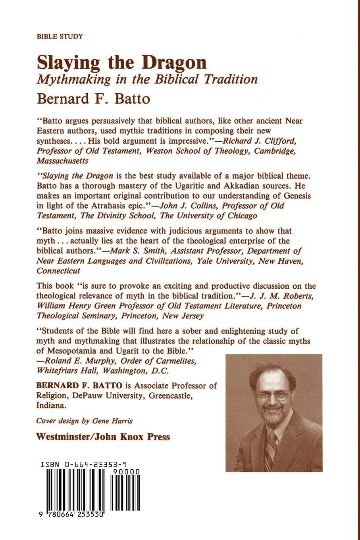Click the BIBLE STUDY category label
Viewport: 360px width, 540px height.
60,37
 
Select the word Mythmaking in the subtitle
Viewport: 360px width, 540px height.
74,79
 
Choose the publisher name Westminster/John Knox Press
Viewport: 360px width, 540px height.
103,437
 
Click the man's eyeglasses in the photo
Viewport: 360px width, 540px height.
273,395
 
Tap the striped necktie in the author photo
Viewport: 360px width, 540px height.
271,449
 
